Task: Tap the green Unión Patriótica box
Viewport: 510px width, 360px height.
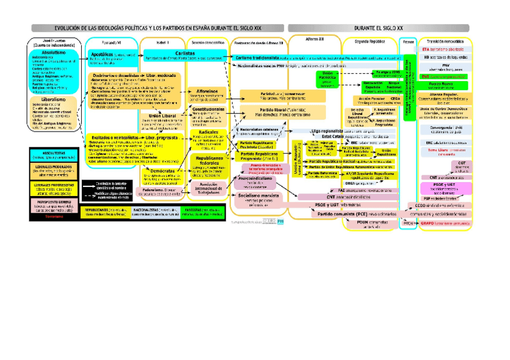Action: point(327,79)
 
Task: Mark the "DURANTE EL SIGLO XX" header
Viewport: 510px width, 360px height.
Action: point(378,28)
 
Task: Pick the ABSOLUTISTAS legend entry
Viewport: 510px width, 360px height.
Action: point(53,154)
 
